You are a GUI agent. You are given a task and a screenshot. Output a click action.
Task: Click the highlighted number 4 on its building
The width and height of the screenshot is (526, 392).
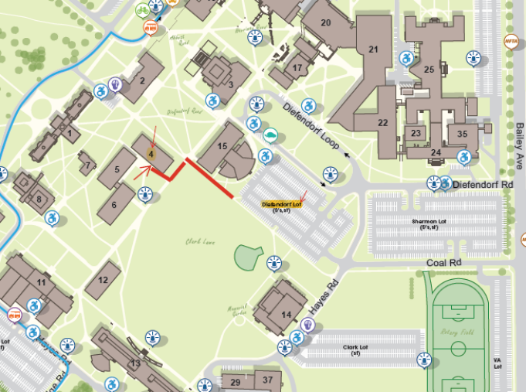(151, 154)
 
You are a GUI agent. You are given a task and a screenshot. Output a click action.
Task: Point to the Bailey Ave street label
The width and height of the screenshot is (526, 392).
(519, 147)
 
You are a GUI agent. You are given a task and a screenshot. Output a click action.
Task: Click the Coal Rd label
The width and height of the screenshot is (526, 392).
(446, 263)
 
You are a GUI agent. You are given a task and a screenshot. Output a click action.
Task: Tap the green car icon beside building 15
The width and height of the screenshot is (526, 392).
(270, 135)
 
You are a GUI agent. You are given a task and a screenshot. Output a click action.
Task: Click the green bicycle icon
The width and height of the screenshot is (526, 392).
(142, 10)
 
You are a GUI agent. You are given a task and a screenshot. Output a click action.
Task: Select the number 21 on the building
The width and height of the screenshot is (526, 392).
(375, 49)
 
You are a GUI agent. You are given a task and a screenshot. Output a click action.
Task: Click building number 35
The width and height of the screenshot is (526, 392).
(462, 133)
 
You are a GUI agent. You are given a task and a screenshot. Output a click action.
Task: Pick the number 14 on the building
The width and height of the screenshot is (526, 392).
(287, 314)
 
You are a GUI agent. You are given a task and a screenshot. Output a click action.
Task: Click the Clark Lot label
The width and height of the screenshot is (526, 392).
(356, 349)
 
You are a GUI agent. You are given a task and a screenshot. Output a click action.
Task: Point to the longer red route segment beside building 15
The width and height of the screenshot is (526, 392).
(210, 179)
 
